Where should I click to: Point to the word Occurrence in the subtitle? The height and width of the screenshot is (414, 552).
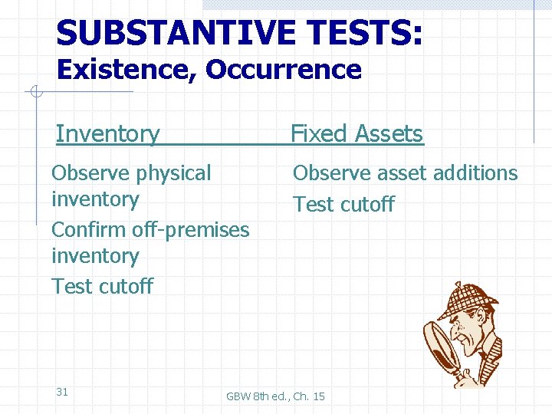tap(283, 70)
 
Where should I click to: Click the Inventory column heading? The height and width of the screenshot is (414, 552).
tap(107, 133)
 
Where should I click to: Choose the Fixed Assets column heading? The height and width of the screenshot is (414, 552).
tap(356, 133)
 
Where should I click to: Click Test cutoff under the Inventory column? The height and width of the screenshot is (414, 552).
tap(102, 286)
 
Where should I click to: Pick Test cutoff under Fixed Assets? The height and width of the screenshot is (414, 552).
tap(343, 204)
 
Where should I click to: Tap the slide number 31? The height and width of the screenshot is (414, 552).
tap(62, 392)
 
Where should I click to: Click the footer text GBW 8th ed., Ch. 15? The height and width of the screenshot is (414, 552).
tap(275, 396)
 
